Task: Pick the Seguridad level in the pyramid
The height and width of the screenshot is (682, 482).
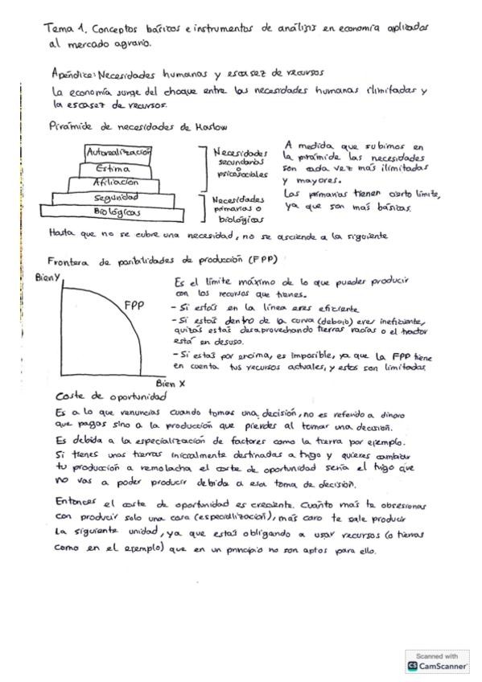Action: (x=116, y=197)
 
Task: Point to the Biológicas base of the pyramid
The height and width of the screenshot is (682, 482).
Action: (x=117, y=212)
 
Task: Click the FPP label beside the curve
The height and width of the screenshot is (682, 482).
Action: (x=134, y=305)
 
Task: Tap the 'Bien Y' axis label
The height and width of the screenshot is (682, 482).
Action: (x=49, y=277)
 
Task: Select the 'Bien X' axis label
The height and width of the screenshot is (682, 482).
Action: (x=171, y=383)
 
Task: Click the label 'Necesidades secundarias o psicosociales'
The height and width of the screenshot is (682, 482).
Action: (x=240, y=162)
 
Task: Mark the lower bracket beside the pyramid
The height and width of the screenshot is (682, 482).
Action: (x=204, y=207)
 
